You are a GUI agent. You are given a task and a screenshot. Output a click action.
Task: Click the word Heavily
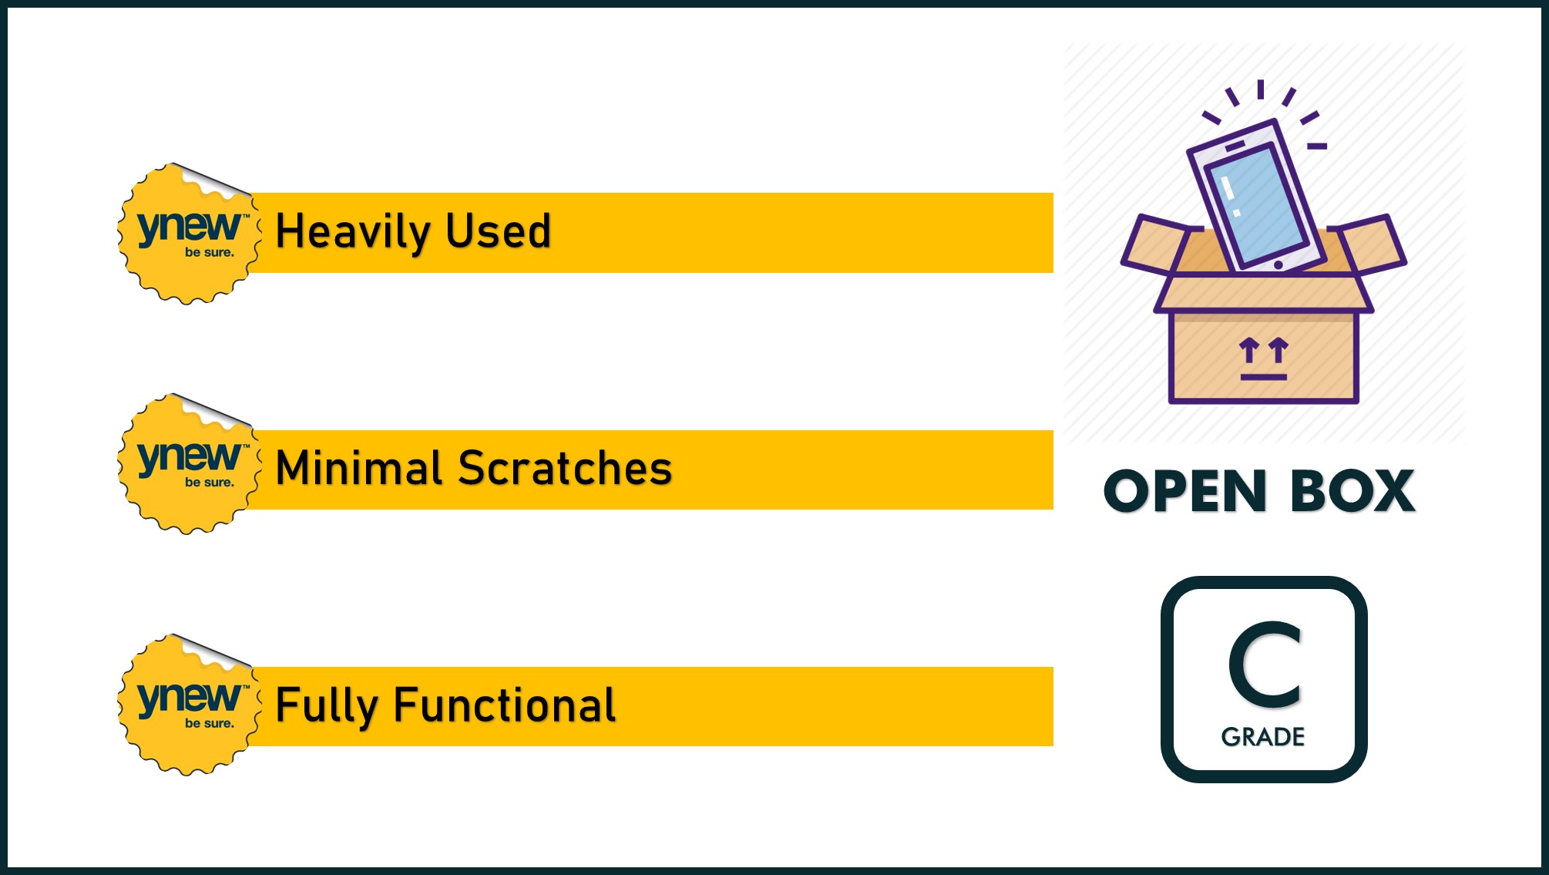pos(353,232)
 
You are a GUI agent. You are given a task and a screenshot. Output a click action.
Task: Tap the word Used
pos(499,231)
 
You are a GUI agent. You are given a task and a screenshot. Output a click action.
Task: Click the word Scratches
pos(565,468)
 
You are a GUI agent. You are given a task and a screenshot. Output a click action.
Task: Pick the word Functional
pos(505,705)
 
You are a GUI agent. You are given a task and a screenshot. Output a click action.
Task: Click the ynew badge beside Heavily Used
pos(189,234)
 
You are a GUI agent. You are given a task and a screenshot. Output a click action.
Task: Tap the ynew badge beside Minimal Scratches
pos(189,464)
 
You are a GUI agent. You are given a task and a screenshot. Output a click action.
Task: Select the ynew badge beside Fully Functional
pos(189,705)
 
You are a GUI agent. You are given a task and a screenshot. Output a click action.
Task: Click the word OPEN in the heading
pos(1184,491)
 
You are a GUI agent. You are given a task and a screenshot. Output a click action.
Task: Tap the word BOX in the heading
pos(1352,491)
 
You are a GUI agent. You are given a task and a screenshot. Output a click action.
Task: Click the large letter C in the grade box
pos(1265,665)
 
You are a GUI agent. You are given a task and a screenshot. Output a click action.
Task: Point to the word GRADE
pos(1263,737)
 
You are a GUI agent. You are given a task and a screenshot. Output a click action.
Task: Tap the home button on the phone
pos(1279,265)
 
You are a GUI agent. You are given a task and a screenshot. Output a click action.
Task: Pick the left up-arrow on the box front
pos(1249,350)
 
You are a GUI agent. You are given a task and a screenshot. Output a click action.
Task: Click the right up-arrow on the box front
pos(1279,350)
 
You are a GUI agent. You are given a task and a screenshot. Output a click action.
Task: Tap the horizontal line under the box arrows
pos(1264,377)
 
